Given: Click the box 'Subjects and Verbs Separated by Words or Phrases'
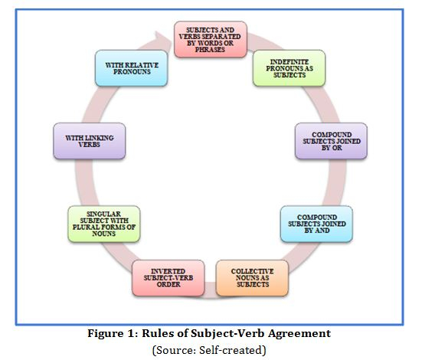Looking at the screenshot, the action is (211, 39).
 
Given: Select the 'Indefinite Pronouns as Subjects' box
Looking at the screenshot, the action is (289, 68).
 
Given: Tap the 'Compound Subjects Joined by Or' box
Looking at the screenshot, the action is (332, 141).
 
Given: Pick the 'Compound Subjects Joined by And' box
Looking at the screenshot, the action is (316, 224).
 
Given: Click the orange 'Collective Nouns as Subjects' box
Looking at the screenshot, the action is (252, 278).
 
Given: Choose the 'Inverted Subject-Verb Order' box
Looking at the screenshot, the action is (168, 278).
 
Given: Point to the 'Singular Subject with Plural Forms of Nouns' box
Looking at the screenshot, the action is (104, 224).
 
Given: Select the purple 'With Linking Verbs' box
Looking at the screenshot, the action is (90, 141).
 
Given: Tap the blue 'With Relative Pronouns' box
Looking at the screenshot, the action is (132, 68).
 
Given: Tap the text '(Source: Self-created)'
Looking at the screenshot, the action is (209, 350).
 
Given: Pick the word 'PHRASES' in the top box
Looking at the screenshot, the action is (210, 50).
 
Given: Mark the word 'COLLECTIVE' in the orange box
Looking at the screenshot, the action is (252, 271).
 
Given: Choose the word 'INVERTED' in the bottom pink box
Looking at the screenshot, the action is (168, 271).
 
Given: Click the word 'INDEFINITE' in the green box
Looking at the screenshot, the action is (289, 61).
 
